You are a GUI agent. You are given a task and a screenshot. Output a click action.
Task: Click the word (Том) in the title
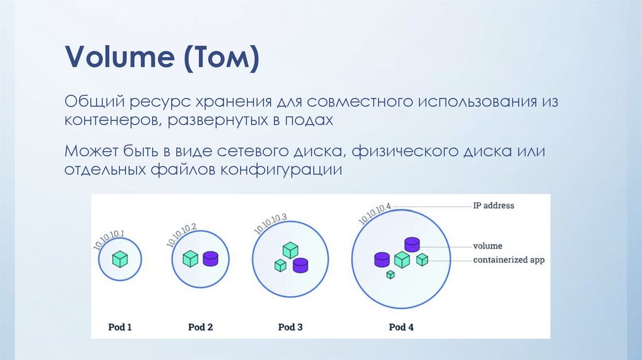point(221,57)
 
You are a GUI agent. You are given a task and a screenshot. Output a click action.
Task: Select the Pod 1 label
point(120,327)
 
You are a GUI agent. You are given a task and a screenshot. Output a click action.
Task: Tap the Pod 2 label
point(201,327)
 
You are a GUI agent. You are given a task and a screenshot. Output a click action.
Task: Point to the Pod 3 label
point(290,327)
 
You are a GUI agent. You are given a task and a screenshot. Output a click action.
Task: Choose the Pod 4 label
point(401,327)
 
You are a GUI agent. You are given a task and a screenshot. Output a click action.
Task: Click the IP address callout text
point(493,206)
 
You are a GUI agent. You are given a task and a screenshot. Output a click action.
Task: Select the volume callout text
point(488,246)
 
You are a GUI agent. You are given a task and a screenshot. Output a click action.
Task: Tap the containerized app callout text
point(509,260)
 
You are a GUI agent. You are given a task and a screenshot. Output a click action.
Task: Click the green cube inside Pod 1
point(120,259)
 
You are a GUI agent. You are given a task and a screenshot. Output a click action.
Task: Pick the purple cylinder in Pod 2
point(211,259)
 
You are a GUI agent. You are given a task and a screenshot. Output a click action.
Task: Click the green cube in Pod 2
point(191,259)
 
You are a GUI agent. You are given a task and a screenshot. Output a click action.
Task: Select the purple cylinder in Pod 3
point(300,265)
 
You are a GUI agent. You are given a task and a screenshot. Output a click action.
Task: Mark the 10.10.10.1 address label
point(109,240)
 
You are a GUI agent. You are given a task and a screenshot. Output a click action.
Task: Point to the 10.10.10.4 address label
point(375,214)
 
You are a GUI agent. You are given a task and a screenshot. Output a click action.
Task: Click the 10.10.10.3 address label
point(270,224)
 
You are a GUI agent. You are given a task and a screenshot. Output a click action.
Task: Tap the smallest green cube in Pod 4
point(391,275)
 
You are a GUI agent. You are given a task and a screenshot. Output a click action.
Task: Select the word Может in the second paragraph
point(92,151)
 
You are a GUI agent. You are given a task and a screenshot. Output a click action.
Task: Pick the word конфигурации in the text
point(282,169)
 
